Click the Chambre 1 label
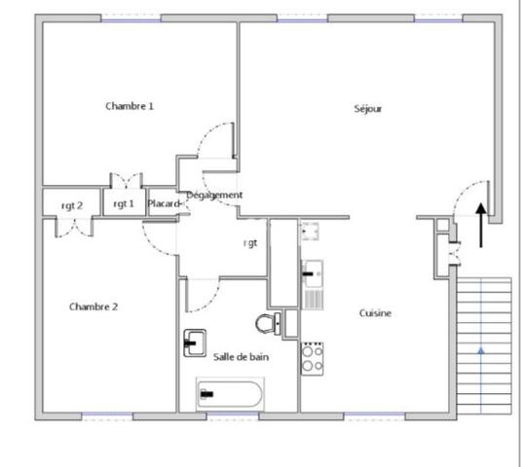point(130,106)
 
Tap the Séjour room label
point(368,109)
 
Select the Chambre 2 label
point(93,306)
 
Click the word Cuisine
point(375,313)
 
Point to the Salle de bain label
point(241,357)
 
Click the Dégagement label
point(214,196)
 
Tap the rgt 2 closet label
point(72,204)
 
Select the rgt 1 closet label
point(124,203)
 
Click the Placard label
point(163,203)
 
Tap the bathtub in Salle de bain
point(230,394)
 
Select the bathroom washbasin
point(194,342)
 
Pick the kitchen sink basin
point(313,273)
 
